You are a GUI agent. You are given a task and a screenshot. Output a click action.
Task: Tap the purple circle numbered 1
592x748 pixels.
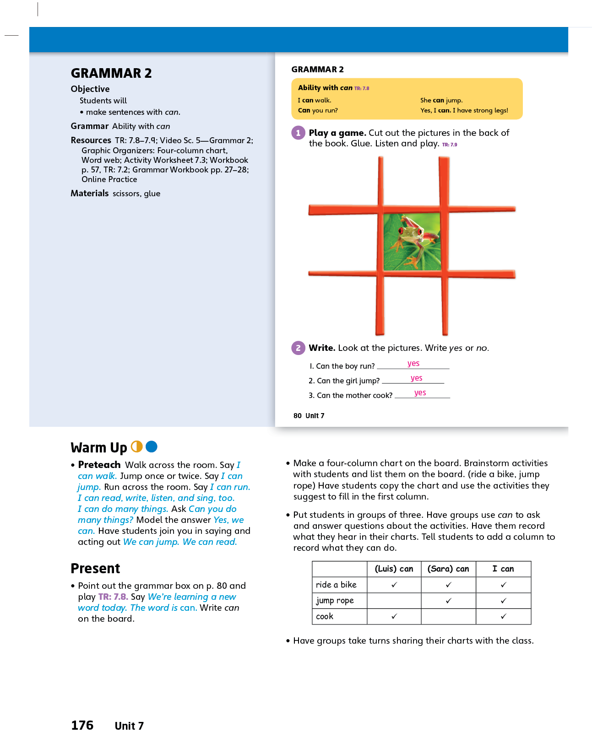(x=298, y=133)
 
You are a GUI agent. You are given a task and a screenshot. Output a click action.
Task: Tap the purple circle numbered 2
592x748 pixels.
(x=298, y=348)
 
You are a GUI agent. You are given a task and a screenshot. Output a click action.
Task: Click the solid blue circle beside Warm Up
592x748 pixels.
(x=152, y=447)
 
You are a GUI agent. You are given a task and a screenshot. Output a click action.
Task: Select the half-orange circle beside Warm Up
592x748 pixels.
(x=137, y=447)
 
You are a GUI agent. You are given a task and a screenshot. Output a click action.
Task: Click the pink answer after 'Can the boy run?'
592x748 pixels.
(x=413, y=363)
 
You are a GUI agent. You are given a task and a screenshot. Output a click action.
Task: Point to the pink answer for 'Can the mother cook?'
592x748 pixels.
(x=420, y=393)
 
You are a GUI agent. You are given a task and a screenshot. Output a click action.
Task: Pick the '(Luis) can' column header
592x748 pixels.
(x=394, y=569)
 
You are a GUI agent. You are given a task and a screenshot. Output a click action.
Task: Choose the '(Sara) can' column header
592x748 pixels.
(x=448, y=569)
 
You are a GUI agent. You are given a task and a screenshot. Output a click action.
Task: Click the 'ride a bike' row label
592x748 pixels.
(x=336, y=585)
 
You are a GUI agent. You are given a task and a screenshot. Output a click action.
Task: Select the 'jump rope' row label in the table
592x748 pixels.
(x=335, y=601)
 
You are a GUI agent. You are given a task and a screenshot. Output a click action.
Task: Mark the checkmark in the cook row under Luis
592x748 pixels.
(x=394, y=617)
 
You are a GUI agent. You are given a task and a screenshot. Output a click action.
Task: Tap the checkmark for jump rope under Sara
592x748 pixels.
(x=449, y=601)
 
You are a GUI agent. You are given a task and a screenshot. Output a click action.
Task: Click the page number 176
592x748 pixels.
(x=82, y=726)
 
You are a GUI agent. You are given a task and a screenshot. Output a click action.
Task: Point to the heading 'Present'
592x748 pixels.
(x=95, y=569)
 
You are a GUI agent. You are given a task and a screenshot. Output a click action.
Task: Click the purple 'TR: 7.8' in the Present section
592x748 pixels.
(x=113, y=597)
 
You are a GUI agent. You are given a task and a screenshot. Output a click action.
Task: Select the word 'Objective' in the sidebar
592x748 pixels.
(x=90, y=89)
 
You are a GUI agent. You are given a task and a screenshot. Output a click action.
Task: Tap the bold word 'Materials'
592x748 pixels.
(x=90, y=194)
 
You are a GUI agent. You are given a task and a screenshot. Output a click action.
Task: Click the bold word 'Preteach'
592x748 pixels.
(x=99, y=465)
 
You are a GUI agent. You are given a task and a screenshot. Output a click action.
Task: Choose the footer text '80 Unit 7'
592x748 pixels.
(x=309, y=416)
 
